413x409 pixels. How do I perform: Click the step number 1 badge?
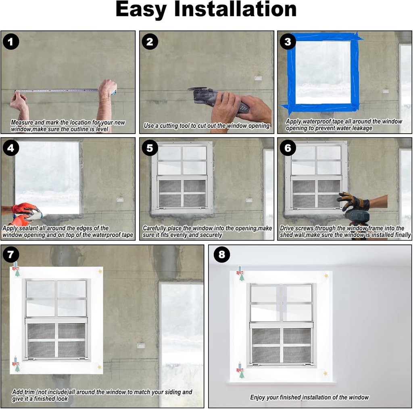(11, 42)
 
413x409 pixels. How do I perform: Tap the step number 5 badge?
(150, 148)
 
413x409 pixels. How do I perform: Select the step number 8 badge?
(221, 255)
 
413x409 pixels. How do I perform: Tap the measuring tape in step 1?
(60, 90)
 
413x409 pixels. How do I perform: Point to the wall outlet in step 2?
(258, 78)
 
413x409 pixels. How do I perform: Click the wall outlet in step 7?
(141, 346)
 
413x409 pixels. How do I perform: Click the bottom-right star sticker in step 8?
(325, 373)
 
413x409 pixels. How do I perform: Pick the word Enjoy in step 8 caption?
(258, 397)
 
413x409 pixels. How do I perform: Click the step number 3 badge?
(288, 42)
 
